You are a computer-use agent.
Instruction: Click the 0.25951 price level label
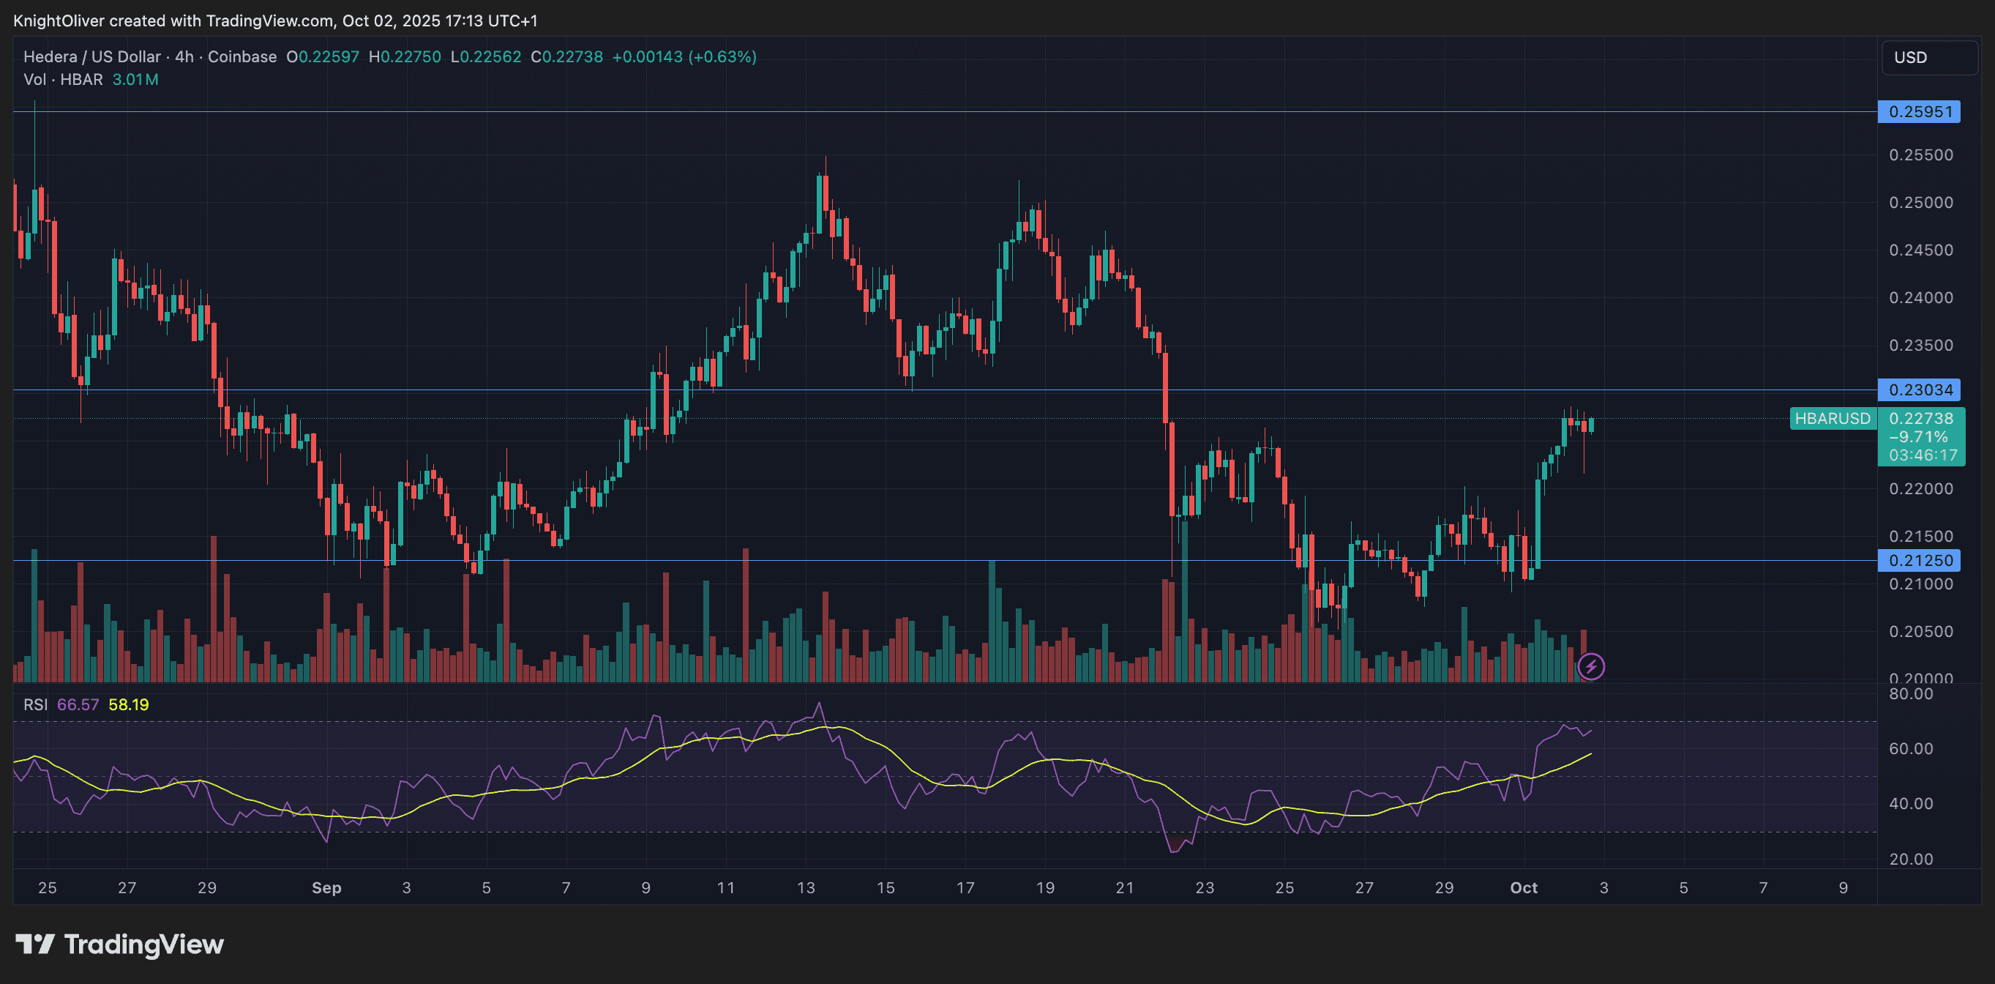click(x=1919, y=111)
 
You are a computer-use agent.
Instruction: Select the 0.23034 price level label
click(x=1919, y=389)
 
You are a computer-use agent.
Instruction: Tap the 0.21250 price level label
click(x=1919, y=560)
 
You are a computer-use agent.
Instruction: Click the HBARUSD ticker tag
click(x=1833, y=418)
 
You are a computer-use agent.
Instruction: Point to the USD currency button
click(x=1928, y=57)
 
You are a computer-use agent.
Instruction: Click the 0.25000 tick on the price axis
click(x=1920, y=202)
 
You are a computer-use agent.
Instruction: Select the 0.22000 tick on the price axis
click(x=1920, y=489)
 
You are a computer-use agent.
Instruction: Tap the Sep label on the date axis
click(x=326, y=888)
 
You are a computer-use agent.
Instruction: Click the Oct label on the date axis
click(x=1524, y=888)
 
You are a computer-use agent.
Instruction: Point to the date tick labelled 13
click(x=806, y=888)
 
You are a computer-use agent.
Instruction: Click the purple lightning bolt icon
click(x=1591, y=666)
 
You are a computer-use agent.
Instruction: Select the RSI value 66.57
click(x=78, y=704)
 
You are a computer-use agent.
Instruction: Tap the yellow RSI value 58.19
click(x=129, y=704)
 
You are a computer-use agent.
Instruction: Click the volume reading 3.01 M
click(x=135, y=79)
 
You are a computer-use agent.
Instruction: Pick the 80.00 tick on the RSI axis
click(x=1911, y=694)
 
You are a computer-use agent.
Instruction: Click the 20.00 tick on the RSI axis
click(x=1911, y=860)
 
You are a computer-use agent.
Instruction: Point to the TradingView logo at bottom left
click(x=120, y=944)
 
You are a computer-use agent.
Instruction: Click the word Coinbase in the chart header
click(x=242, y=56)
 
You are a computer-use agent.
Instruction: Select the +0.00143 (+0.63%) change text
click(x=684, y=56)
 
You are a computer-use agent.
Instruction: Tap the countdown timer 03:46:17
click(x=1923, y=455)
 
